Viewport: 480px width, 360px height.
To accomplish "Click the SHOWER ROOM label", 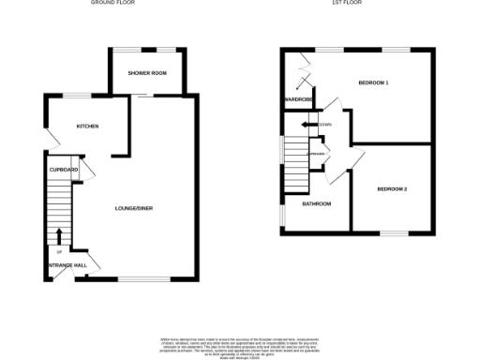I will tap(148, 73).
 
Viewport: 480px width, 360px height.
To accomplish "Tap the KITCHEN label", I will tap(88, 126).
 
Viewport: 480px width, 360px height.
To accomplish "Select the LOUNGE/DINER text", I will tap(133, 207).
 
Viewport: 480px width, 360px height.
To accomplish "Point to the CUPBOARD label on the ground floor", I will tap(64, 170).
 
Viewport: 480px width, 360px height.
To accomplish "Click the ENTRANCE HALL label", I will tap(67, 265).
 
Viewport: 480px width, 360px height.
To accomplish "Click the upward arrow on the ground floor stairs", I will tap(60, 236).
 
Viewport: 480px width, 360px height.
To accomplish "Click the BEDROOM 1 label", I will tap(373, 83).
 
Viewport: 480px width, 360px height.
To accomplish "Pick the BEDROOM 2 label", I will tap(392, 188).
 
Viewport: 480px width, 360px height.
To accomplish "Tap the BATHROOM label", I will tap(316, 203).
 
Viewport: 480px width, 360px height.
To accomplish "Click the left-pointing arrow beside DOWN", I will tap(307, 125).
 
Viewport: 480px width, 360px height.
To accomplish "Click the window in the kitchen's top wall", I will tap(76, 93).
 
